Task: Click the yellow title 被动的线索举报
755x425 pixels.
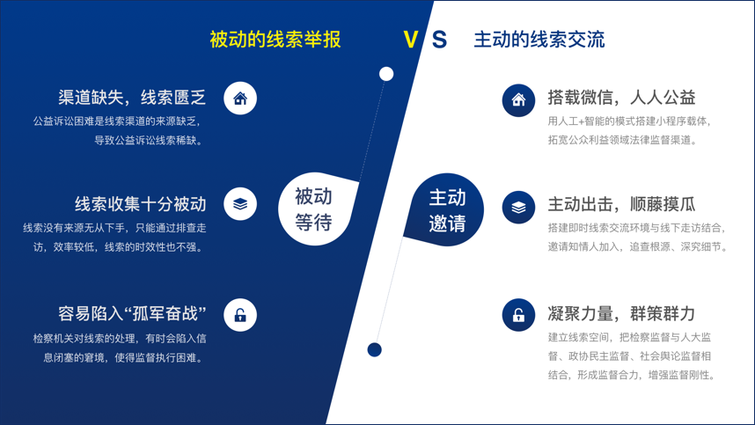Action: point(275,40)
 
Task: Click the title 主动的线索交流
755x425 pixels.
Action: point(539,40)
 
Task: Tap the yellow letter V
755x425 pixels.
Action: point(411,40)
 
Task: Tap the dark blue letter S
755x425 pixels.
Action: point(439,40)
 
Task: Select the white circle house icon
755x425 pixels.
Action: point(240,99)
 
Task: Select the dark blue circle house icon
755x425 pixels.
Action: point(518,100)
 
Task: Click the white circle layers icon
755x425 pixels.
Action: point(240,204)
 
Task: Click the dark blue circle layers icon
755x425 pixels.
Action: point(518,208)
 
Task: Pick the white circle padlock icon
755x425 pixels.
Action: point(240,315)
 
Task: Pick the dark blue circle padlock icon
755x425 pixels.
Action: point(518,315)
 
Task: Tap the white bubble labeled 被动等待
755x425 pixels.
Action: point(315,209)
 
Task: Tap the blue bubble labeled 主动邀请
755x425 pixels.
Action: point(445,209)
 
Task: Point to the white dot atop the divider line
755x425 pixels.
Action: point(386,74)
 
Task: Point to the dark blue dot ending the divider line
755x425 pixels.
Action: point(375,350)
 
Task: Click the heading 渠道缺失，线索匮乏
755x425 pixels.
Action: point(132,97)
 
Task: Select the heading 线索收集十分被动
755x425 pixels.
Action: point(140,204)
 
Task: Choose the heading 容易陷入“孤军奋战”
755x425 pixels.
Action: point(132,314)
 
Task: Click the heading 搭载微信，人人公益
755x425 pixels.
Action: point(621,98)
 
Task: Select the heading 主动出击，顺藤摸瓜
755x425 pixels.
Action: point(621,204)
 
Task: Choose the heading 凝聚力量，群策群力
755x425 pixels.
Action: point(621,314)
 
